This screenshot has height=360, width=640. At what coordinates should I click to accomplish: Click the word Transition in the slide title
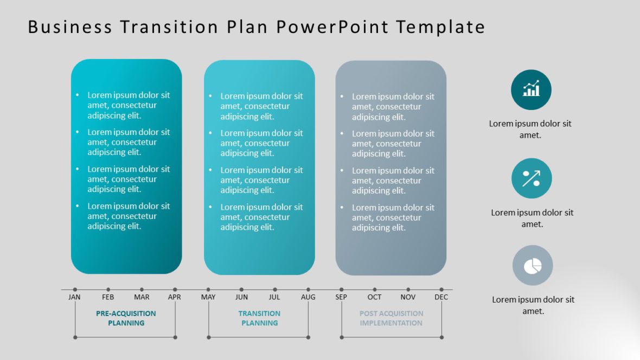point(169,27)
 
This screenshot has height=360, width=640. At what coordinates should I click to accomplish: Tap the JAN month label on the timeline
point(74,297)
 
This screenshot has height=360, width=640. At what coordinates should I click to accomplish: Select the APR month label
point(174,297)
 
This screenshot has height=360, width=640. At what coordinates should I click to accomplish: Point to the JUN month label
point(241,297)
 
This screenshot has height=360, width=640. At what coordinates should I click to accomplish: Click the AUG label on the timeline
point(308,297)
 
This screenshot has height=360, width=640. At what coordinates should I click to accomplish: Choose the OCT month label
point(374,297)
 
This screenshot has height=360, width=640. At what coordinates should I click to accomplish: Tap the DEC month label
point(441,297)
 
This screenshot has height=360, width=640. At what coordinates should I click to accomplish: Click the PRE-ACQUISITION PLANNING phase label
point(126,318)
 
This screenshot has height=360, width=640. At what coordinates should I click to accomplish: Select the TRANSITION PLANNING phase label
point(259,318)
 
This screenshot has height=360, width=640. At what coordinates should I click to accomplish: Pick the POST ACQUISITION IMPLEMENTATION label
point(391,318)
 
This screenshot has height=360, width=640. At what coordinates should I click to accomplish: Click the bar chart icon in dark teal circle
point(531,89)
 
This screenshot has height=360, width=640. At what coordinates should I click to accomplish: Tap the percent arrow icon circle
point(532,178)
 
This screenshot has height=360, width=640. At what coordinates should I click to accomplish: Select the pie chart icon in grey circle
point(533,265)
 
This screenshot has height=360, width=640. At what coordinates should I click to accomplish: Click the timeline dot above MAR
point(142,290)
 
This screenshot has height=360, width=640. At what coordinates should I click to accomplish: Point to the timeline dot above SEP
point(341,290)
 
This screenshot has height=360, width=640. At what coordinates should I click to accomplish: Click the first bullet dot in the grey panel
point(342,97)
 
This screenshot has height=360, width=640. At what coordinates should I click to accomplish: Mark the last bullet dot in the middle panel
point(210,207)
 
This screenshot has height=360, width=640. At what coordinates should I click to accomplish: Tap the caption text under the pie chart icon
point(533,305)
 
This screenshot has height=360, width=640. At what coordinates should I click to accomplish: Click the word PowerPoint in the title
point(332,27)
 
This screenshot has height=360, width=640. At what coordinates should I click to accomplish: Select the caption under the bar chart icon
point(530,129)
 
